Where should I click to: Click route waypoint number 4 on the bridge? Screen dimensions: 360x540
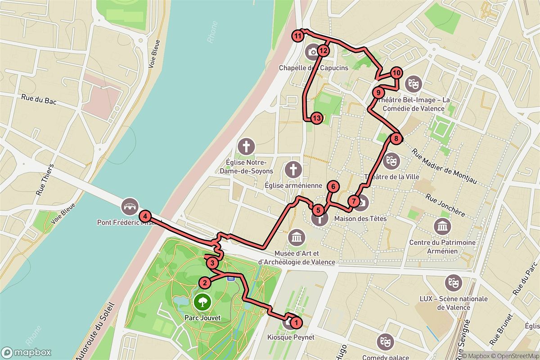tap(145, 216)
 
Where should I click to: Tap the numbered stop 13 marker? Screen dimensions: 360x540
tap(317, 118)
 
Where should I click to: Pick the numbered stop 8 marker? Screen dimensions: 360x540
tap(396, 139)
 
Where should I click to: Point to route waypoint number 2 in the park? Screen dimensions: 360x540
tap(205, 283)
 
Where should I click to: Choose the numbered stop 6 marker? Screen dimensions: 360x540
tap(333, 186)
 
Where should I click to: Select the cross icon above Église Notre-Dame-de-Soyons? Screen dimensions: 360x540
tap(246, 146)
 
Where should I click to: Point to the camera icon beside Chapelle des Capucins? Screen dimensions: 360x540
tap(312, 52)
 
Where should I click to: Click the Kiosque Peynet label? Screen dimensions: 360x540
tap(291, 337)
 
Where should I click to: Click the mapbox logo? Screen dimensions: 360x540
tap(26, 352)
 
